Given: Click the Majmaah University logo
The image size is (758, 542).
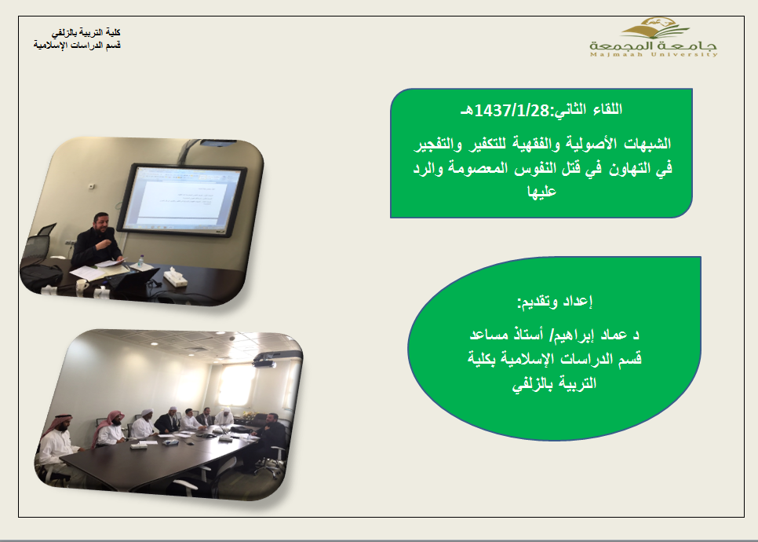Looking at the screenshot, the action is click(653, 38).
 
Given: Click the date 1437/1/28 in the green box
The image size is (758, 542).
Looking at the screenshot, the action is click(512, 111).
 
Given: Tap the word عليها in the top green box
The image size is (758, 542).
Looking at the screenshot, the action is click(541, 191).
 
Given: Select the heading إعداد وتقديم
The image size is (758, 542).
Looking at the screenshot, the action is click(555, 302).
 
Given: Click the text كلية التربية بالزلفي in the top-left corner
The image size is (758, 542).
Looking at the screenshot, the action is click(86, 32).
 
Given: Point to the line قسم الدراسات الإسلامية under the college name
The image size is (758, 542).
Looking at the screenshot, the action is click(77, 45).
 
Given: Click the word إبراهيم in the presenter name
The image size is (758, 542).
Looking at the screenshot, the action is click(573, 335).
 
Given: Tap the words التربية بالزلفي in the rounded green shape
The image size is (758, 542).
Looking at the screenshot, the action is click(554, 384).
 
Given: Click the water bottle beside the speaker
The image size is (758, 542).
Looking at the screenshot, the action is click(140, 262).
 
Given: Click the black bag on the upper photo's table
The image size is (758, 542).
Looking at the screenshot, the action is click(41, 275).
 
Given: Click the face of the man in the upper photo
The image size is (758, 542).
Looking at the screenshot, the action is click(102, 224).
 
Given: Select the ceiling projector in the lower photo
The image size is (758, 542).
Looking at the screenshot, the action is click(265, 360).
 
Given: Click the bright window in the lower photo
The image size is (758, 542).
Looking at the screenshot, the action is click(237, 385).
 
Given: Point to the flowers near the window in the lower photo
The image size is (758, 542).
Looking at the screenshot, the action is click(249, 415).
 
